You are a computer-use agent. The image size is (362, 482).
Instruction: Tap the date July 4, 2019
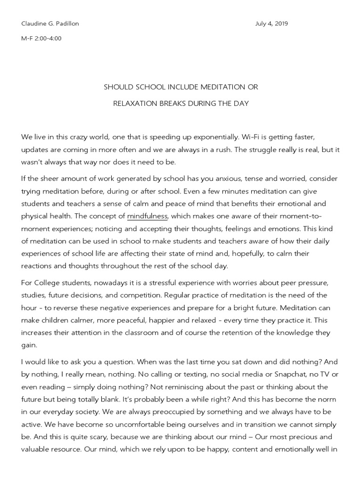[x=271, y=24]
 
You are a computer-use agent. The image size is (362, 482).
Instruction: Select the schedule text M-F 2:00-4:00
[x=41, y=39]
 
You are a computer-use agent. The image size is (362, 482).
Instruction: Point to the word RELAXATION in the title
[x=134, y=103]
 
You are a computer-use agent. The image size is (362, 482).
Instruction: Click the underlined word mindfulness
[x=147, y=216]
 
